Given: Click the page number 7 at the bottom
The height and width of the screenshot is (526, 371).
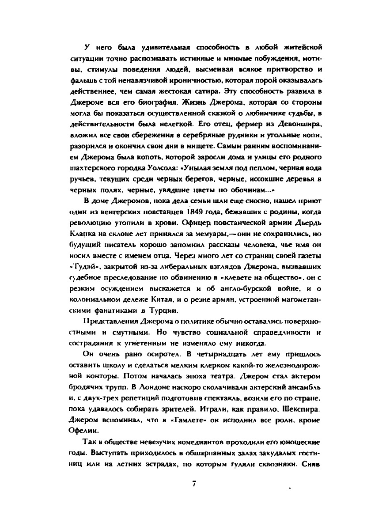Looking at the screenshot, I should click(194, 483).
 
